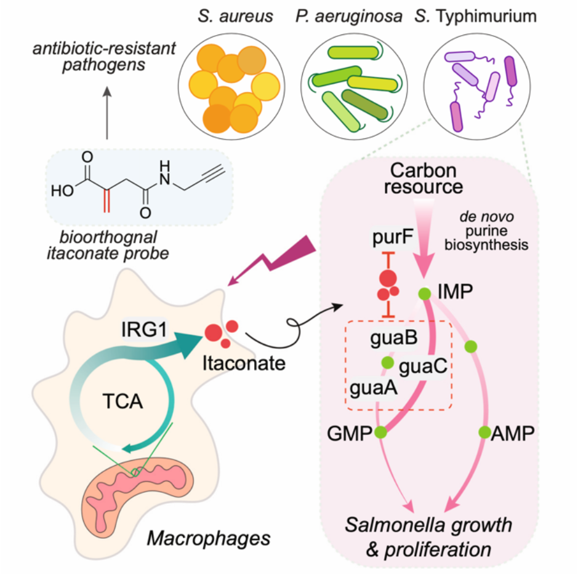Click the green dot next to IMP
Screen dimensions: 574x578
[x=423, y=293]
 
